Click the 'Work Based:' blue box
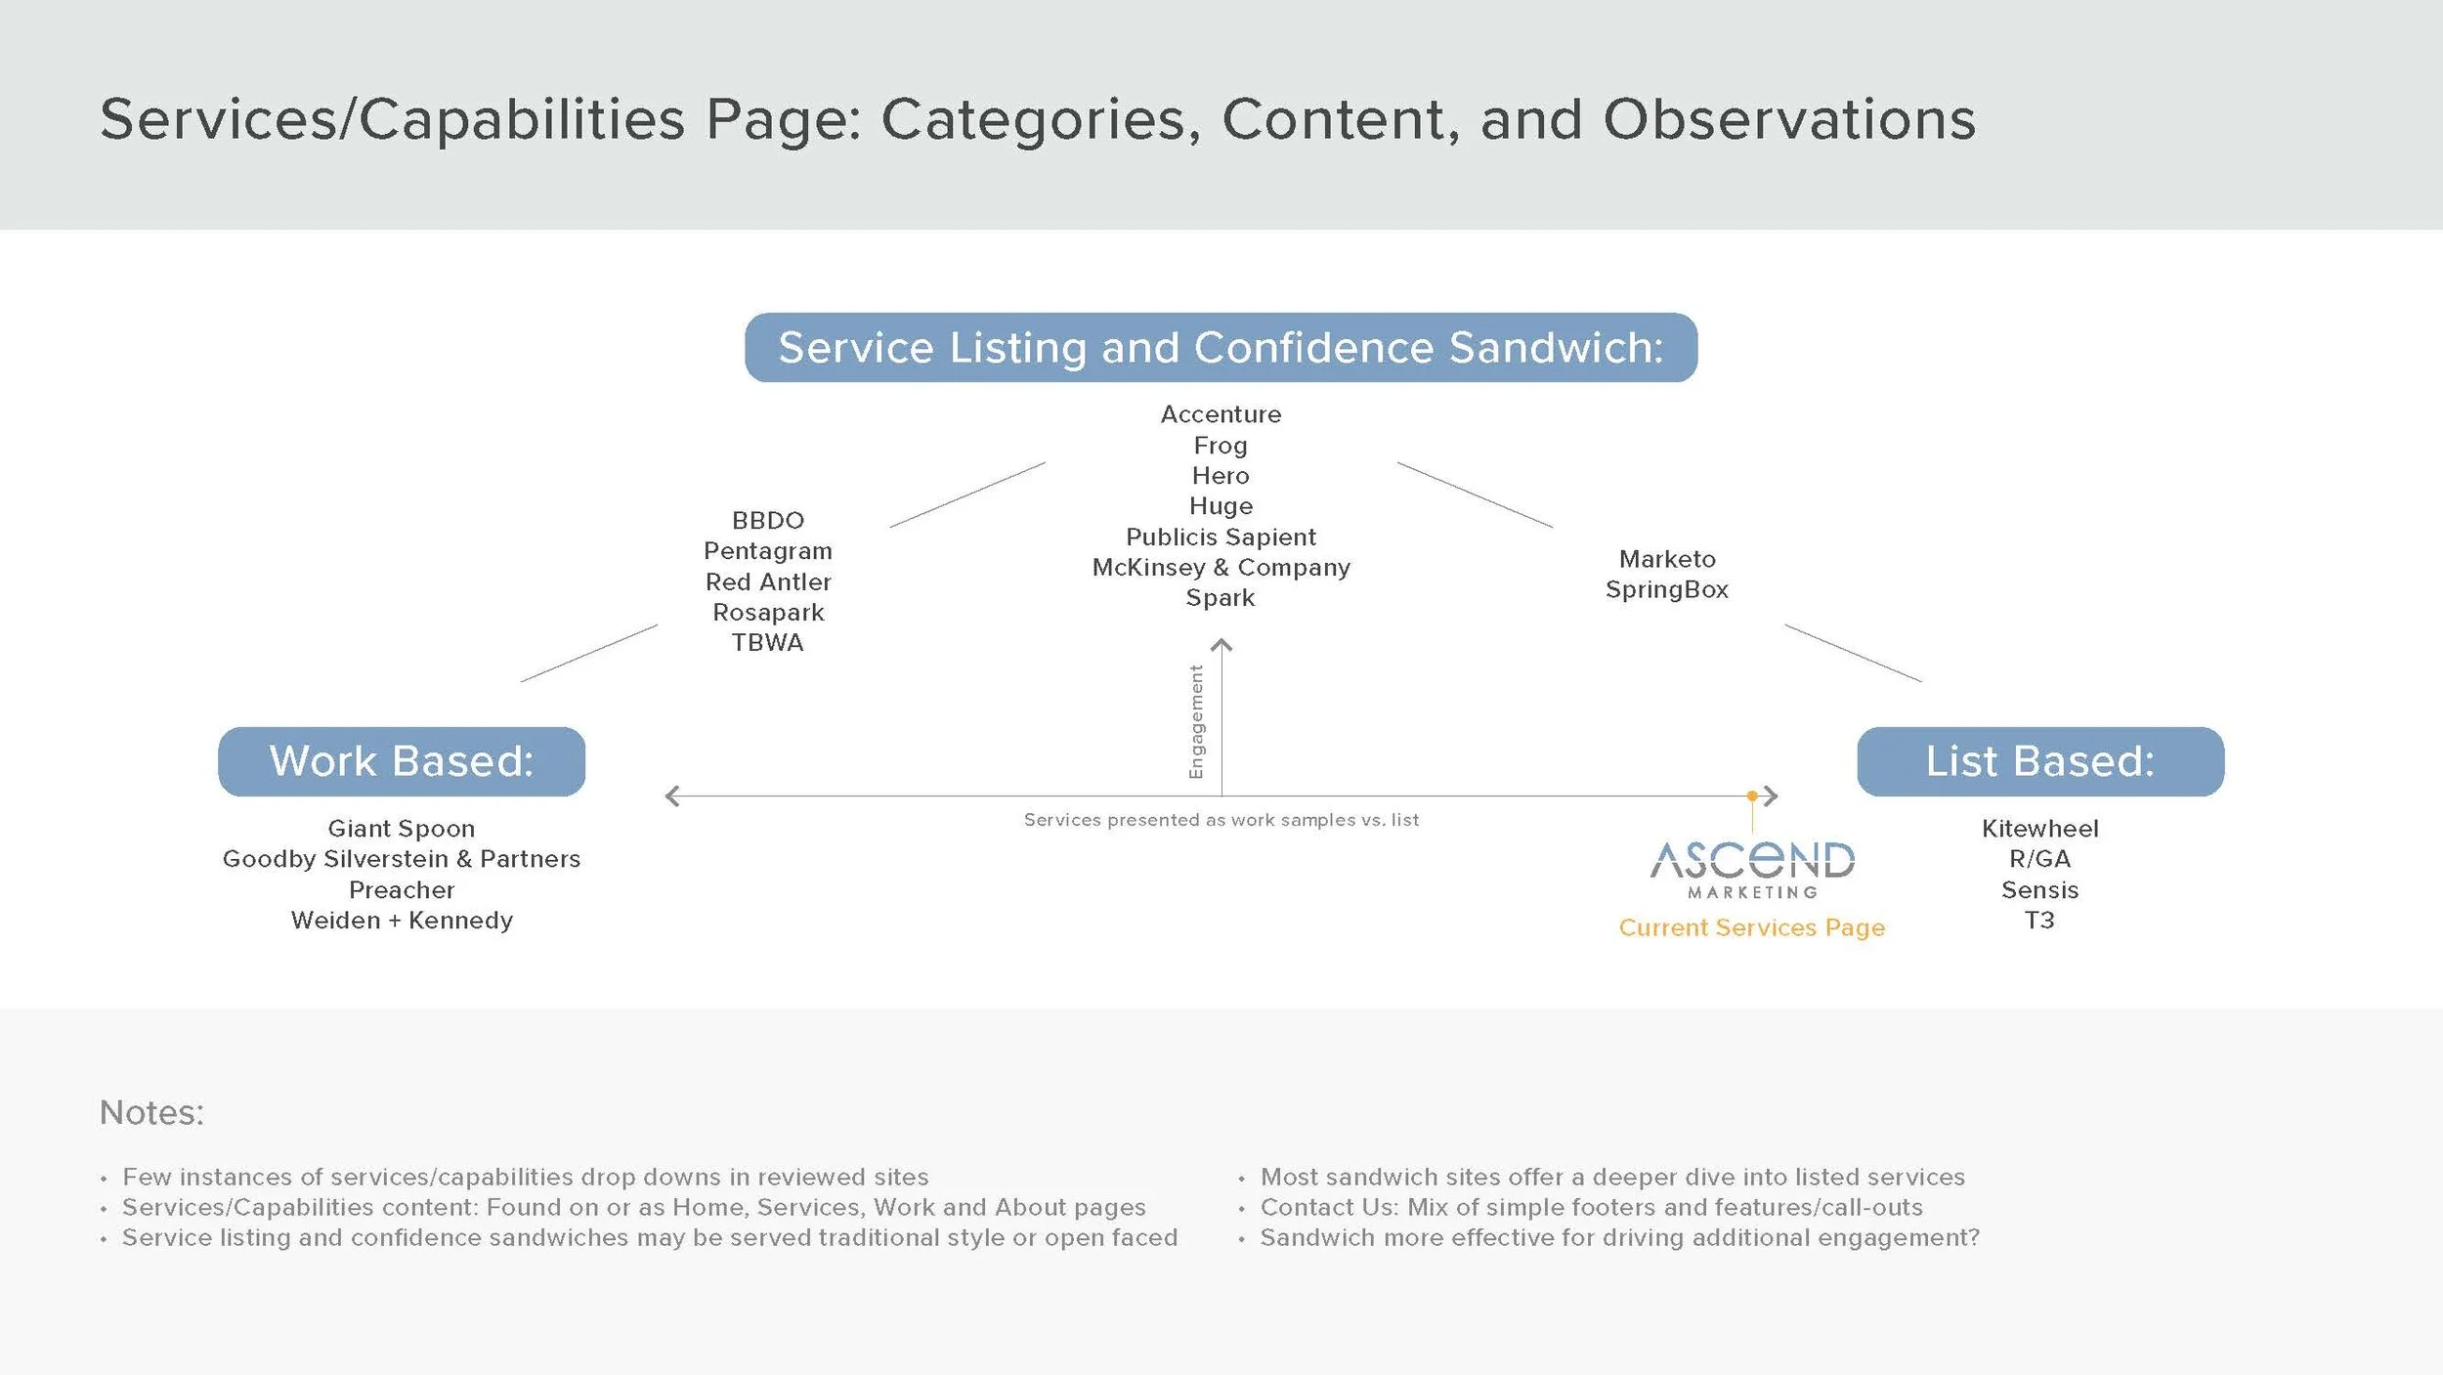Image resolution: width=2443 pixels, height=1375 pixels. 402,761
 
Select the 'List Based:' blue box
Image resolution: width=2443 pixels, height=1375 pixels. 2040,761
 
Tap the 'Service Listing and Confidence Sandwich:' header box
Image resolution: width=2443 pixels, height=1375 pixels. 1221,348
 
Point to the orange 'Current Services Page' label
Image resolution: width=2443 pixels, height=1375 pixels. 1752,927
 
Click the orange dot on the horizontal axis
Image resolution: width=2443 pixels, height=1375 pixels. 1752,796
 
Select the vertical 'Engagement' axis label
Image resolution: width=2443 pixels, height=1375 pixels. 1196,722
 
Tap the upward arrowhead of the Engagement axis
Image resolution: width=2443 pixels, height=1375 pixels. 1221,645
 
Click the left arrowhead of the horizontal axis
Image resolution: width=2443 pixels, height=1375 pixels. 671,796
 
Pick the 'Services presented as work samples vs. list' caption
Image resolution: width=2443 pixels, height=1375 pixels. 1221,820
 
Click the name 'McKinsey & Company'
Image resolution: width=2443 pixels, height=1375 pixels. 1221,568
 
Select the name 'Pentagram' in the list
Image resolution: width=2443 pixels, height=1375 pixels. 768,552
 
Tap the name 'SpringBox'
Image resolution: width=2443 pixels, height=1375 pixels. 1667,590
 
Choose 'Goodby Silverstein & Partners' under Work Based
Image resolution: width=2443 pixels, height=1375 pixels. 402,859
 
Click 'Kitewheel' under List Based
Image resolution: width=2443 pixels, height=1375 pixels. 2040,829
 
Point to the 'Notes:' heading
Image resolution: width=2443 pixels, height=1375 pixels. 151,1112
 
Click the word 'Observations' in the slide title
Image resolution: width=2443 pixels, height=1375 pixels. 1789,119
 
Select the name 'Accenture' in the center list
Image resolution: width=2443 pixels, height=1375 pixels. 1221,414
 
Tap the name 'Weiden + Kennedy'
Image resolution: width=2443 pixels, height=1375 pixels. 402,921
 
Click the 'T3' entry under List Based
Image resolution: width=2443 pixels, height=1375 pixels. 2039,921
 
